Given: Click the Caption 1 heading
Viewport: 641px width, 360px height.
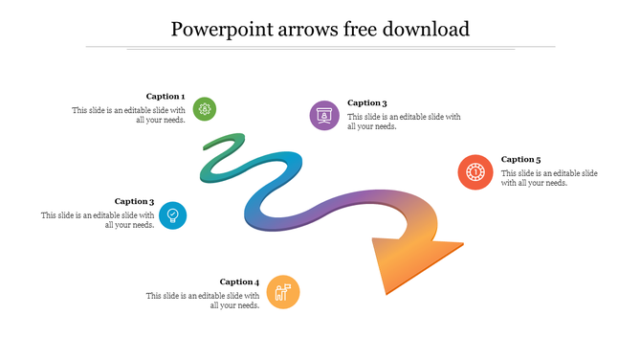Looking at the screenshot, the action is click(x=166, y=97).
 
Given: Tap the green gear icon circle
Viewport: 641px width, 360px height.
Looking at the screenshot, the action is click(x=204, y=108).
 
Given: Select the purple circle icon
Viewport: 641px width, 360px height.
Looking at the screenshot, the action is click(x=324, y=115).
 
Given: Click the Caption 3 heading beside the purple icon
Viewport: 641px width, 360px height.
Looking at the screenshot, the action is click(x=367, y=103).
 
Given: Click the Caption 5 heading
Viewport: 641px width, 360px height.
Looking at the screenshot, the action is click(x=521, y=160).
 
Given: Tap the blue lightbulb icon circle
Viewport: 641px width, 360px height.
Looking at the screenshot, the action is click(x=172, y=214).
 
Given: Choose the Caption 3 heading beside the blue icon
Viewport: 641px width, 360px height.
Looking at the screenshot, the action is click(x=134, y=202).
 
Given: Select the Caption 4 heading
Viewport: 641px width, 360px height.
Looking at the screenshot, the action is click(x=239, y=281).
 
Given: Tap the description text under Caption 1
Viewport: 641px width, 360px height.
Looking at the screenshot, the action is click(x=128, y=115).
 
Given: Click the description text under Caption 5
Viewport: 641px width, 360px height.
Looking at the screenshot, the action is click(x=549, y=178).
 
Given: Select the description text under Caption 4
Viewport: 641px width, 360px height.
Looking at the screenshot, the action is click(x=203, y=301).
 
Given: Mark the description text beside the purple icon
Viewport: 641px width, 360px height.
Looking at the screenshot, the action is click(x=404, y=122).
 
